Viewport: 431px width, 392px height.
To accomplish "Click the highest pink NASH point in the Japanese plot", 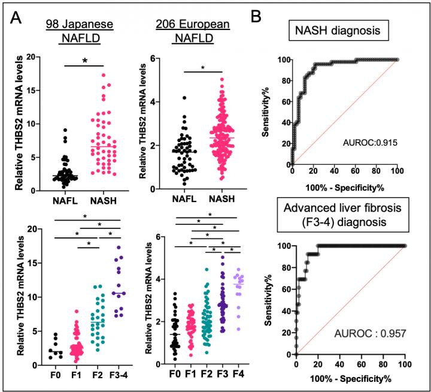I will point(104,75).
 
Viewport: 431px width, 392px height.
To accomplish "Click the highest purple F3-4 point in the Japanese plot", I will point(119,247).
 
